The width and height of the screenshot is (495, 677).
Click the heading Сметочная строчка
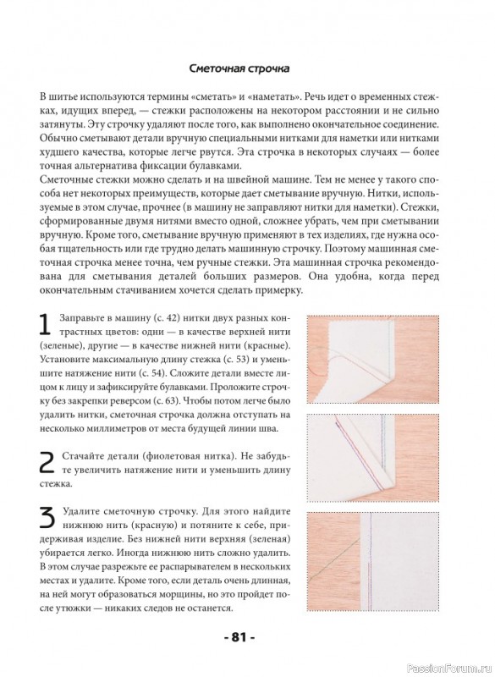click(239, 69)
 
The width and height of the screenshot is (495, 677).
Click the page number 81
click(239, 637)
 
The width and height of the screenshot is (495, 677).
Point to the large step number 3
click(47, 518)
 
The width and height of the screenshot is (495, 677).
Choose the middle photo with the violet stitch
click(373, 459)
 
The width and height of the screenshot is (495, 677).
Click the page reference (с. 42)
click(163, 319)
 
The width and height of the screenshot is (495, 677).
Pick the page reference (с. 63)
click(165, 400)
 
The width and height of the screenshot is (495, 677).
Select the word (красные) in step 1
click(273, 346)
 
